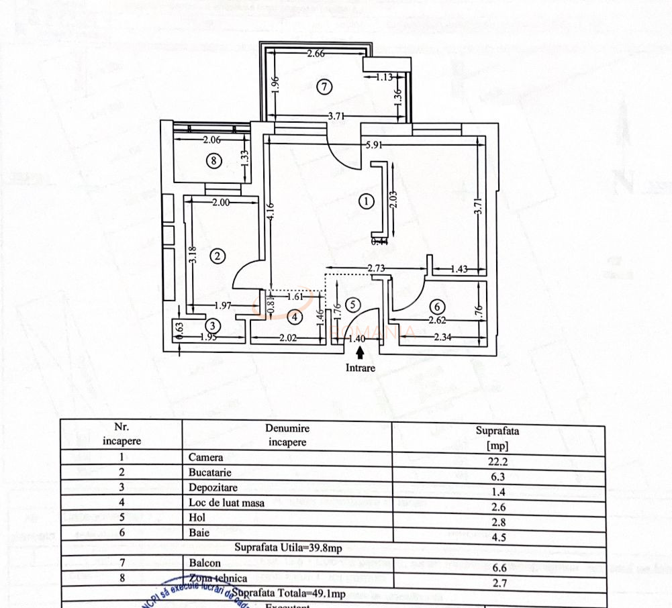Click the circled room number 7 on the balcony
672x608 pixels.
click(x=324, y=86)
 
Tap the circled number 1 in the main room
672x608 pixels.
click(x=366, y=201)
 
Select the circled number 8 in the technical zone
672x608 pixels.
click(x=213, y=160)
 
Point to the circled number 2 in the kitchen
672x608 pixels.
click(x=217, y=256)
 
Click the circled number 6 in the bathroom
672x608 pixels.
click(x=436, y=307)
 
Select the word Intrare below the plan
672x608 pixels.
click(x=361, y=368)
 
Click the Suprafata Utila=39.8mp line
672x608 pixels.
click(x=288, y=548)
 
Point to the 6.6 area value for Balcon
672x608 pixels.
click(x=497, y=564)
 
